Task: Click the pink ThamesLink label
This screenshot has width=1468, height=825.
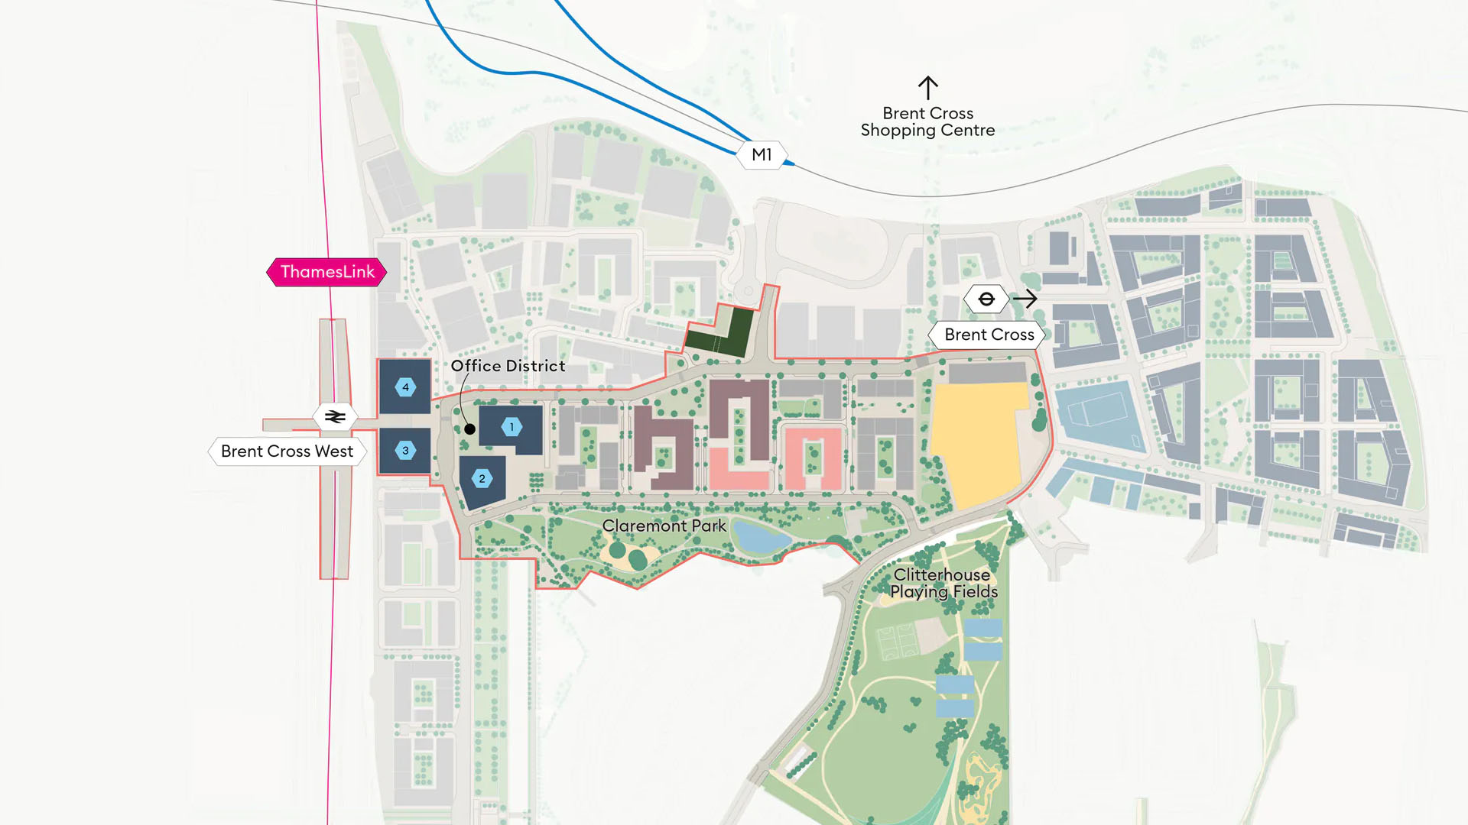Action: point(327,272)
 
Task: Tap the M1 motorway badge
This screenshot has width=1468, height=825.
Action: point(762,155)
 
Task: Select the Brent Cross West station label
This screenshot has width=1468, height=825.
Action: point(287,451)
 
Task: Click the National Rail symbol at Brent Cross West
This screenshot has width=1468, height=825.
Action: point(335,417)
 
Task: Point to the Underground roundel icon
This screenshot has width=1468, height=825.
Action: point(986,299)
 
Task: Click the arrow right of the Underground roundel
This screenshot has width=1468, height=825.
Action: point(1025,299)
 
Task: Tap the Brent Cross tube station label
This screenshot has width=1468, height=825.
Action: point(989,335)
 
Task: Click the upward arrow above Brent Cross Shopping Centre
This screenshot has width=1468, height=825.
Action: point(927,87)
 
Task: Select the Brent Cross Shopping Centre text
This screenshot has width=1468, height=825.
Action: point(927,122)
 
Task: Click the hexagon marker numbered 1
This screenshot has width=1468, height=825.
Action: point(512,427)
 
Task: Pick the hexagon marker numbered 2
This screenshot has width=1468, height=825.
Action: point(482,479)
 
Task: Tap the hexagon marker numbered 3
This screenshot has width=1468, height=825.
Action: point(405,451)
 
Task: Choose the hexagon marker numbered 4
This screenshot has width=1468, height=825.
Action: point(405,387)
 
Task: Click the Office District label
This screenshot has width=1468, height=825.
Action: point(508,366)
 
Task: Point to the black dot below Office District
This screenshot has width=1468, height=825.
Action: point(470,429)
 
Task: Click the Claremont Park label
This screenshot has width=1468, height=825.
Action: point(664,526)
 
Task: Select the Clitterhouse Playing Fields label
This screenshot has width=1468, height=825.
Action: point(943,583)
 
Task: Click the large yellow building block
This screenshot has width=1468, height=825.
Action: point(979,443)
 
